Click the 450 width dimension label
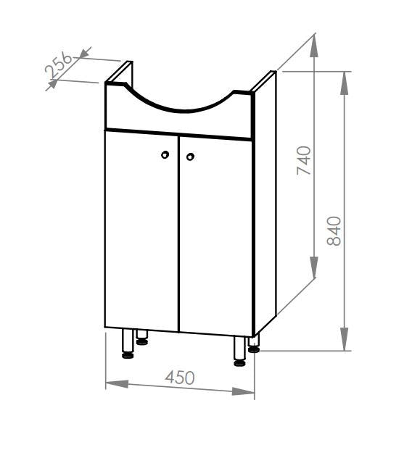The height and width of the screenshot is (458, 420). pyautogui.click(x=179, y=378)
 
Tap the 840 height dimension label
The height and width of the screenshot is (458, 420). pyautogui.click(x=334, y=231)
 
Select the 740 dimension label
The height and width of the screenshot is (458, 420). pyautogui.click(x=304, y=160)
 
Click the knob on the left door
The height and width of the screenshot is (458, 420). pyautogui.click(x=165, y=154)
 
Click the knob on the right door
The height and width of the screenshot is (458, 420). pyautogui.click(x=190, y=157)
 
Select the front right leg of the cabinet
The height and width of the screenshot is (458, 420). pyautogui.click(x=239, y=351)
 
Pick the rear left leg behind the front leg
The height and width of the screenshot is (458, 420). pyautogui.click(x=142, y=338)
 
